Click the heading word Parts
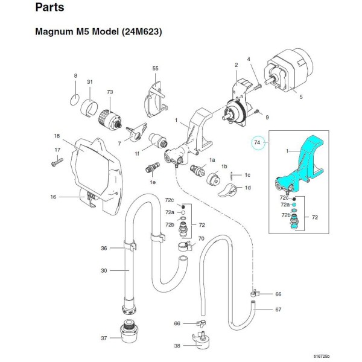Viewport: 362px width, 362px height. pos(52,8)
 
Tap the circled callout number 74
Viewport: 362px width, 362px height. pos(257,143)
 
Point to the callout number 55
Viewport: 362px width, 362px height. pos(155,69)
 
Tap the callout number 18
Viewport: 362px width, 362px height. pos(56,136)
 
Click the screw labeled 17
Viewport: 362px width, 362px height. pos(56,161)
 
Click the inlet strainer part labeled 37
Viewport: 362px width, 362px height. pos(129,331)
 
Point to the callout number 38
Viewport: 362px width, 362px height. pos(176,346)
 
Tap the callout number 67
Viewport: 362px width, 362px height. pos(278,309)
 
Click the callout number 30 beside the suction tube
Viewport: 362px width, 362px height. pos(104,271)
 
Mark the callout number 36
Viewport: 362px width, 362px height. pos(104,247)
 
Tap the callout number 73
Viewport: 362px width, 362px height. pos(110,92)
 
